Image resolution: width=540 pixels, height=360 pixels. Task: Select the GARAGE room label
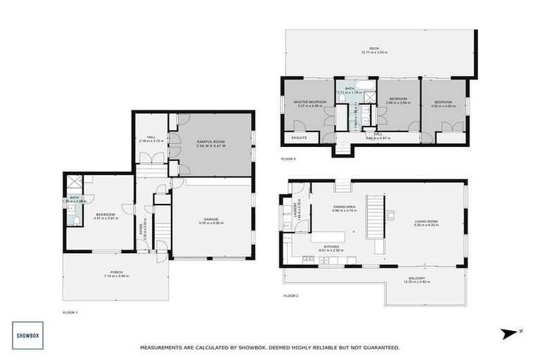click(x=211, y=219)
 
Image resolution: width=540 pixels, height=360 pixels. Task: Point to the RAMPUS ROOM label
click(x=211, y=140)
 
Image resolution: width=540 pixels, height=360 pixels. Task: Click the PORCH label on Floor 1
click(x=115, y=272)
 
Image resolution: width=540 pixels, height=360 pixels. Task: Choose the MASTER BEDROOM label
click(x=310, y=102)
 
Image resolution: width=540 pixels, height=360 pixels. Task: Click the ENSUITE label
click(x=299, y=138)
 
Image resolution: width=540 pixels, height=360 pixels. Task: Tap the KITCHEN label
click(x=330, y=246)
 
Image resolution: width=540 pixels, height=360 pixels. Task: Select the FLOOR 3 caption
click(x=288, y=160)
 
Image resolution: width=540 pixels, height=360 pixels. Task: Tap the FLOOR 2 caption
click(x=291, y=296)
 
